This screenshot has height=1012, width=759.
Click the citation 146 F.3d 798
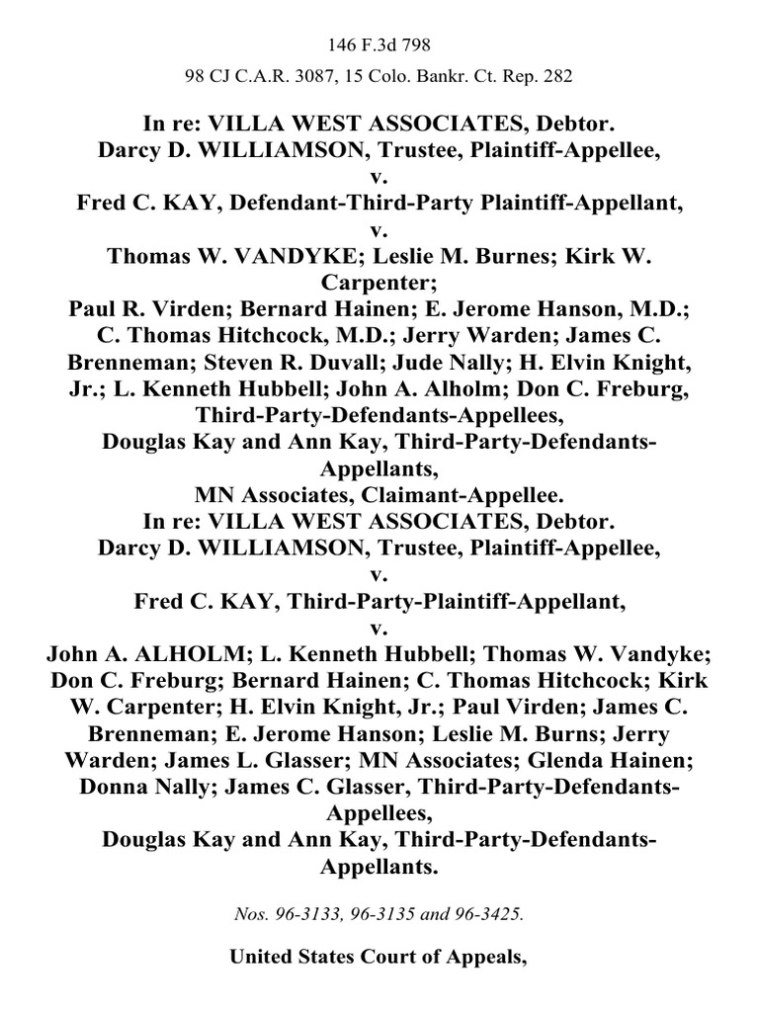[x=379, y=45]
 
